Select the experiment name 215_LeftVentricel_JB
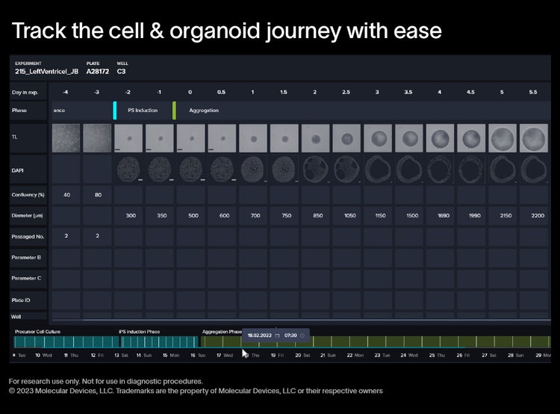point(46,72)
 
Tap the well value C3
point(121,72)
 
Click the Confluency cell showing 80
point(98,195)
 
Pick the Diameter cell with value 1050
point(349,215)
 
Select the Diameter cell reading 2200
point(538,215)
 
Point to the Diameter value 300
point(130,215)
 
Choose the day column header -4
point(66,91)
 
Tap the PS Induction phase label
point(142,111)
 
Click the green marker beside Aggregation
point(175,111)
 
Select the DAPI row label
point(19,170)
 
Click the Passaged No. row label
point(28,235)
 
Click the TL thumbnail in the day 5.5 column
point(533,138)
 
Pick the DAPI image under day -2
point(130,170)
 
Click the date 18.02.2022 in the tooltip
point(260,336)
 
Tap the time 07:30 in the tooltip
point(290,336)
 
